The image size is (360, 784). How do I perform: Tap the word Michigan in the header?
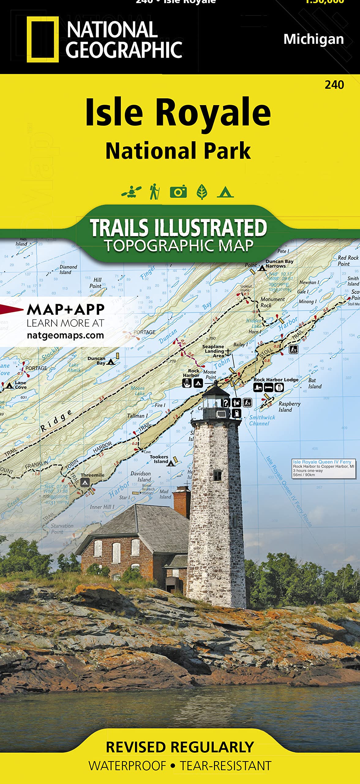(313, 39)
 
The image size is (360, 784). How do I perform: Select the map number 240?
(334, 85)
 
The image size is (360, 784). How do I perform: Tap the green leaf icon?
(202, 192)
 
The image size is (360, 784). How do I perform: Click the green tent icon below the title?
(225, 192)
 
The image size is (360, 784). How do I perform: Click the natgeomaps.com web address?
(66, 335)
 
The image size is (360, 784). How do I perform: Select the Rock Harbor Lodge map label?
(276, 379)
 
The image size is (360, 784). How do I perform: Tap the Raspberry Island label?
(289, 407)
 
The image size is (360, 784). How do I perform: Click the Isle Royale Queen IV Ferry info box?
(324, 468)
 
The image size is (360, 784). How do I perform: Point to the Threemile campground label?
(92, 475)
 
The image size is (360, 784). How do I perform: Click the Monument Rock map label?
(272, 302)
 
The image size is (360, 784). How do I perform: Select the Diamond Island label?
(68, 269)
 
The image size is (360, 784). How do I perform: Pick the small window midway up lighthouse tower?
(217, 475)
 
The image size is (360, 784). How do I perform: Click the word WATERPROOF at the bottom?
(127, 766)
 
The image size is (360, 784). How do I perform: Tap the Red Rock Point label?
(347, 261)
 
